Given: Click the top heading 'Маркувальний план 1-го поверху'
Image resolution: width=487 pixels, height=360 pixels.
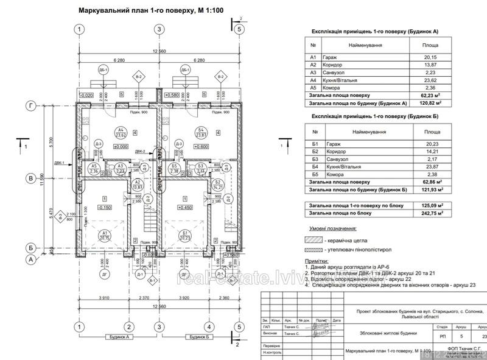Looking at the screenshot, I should (x=145, y=10).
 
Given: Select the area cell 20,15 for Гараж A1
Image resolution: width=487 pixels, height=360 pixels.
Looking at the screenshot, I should (x=430, y=57).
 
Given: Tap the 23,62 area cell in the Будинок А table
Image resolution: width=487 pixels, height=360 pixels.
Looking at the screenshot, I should (x=430, y=80).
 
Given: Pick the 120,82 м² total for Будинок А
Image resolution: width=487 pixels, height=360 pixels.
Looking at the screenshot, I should (x=430, y=103).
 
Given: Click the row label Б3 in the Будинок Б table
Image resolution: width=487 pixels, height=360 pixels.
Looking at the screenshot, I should (x=315, y=158).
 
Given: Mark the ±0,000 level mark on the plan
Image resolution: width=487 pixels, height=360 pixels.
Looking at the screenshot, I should (x=119, y=146).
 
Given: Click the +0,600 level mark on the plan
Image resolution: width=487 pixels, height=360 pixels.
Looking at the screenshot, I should (x=201, y=146).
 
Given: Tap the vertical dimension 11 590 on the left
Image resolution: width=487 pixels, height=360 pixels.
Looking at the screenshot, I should (x=41, y=183).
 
